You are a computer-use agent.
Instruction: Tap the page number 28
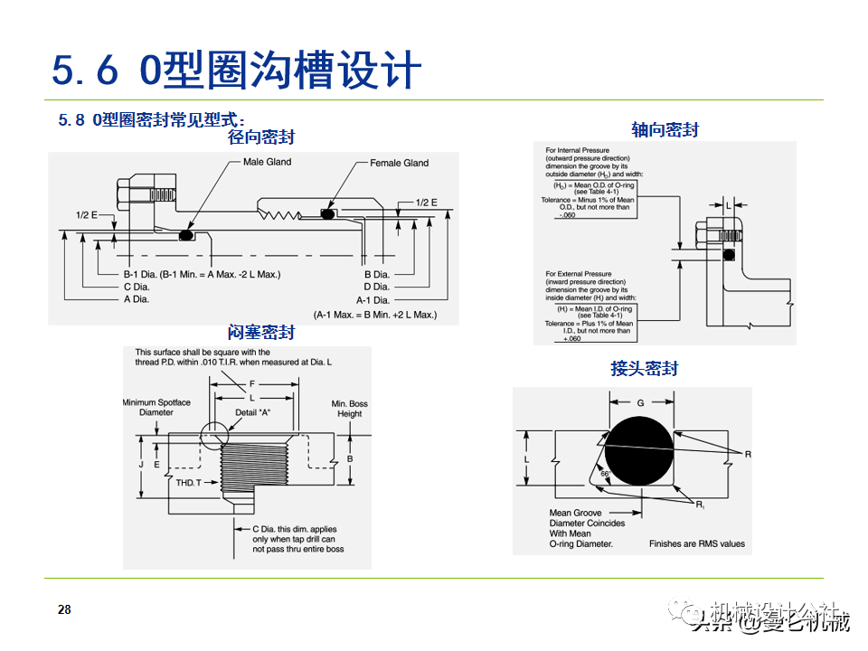(x=64, y=609)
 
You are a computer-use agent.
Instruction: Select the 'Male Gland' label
(x=268, y=162)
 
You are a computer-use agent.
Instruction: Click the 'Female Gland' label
(x=399, y=163)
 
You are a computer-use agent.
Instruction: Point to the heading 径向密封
(x=261, y=137)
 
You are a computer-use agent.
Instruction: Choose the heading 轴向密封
(x=665, y=129)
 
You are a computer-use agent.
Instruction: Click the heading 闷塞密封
(x=261, y=333)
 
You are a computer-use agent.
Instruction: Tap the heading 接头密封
(x=644, y=368)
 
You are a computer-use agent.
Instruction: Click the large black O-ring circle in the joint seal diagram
(x=640, y=449)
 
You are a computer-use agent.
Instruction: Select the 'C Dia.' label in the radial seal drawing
(x=137, y=287)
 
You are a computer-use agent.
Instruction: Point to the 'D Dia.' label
(x=376, y=287)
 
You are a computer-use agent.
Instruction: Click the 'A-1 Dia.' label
(x=373, y=299)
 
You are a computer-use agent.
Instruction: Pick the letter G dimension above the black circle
(x=640, y=402)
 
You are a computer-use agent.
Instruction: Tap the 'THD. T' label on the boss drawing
(x=189, y=484)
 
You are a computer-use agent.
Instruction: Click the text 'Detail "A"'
(x=253, y=411)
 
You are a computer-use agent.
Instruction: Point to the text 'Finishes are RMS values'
(x=697, y=543)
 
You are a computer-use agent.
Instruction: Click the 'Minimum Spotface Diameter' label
(x=156, y=407)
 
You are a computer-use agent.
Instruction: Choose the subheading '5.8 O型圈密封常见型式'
(x=152, y=119)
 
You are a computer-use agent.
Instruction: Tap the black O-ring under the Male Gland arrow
(x=187, y=235)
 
